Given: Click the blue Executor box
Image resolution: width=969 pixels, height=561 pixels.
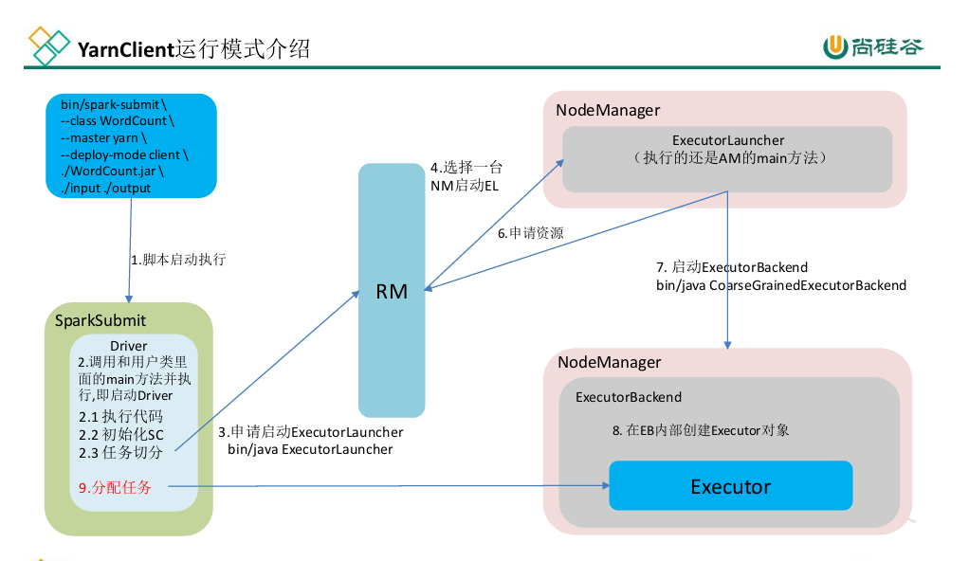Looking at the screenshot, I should (730, 486).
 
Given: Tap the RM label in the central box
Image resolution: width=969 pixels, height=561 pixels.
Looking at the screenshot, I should (392, 291).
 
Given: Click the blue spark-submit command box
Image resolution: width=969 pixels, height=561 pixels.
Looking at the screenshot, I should (131, 146).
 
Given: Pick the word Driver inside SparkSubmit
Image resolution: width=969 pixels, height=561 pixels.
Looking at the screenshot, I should (128, 345).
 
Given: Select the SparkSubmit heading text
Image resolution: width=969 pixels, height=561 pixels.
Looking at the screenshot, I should (100, 321).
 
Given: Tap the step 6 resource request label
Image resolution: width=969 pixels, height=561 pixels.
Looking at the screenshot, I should (530, 233).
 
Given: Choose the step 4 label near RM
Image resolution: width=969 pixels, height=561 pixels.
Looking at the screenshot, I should (465, 177).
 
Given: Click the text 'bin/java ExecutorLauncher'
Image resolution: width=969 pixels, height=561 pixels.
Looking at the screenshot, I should (310, 449).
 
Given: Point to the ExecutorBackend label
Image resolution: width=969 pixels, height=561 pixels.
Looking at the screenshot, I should (629, 397).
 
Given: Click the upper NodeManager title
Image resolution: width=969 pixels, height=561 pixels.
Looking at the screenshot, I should (607, 110).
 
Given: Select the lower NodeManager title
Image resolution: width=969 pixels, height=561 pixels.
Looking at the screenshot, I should (609, 362).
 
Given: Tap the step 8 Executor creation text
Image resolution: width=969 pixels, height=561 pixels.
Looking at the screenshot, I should (701, 429).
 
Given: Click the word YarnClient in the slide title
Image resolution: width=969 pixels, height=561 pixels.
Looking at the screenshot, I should (126, 49).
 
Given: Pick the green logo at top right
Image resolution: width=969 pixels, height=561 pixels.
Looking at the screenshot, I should (872, 46).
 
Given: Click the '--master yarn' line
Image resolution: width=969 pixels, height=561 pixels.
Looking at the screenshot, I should (103, 137).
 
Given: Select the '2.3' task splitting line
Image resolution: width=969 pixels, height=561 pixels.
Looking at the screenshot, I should (120, 452).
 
